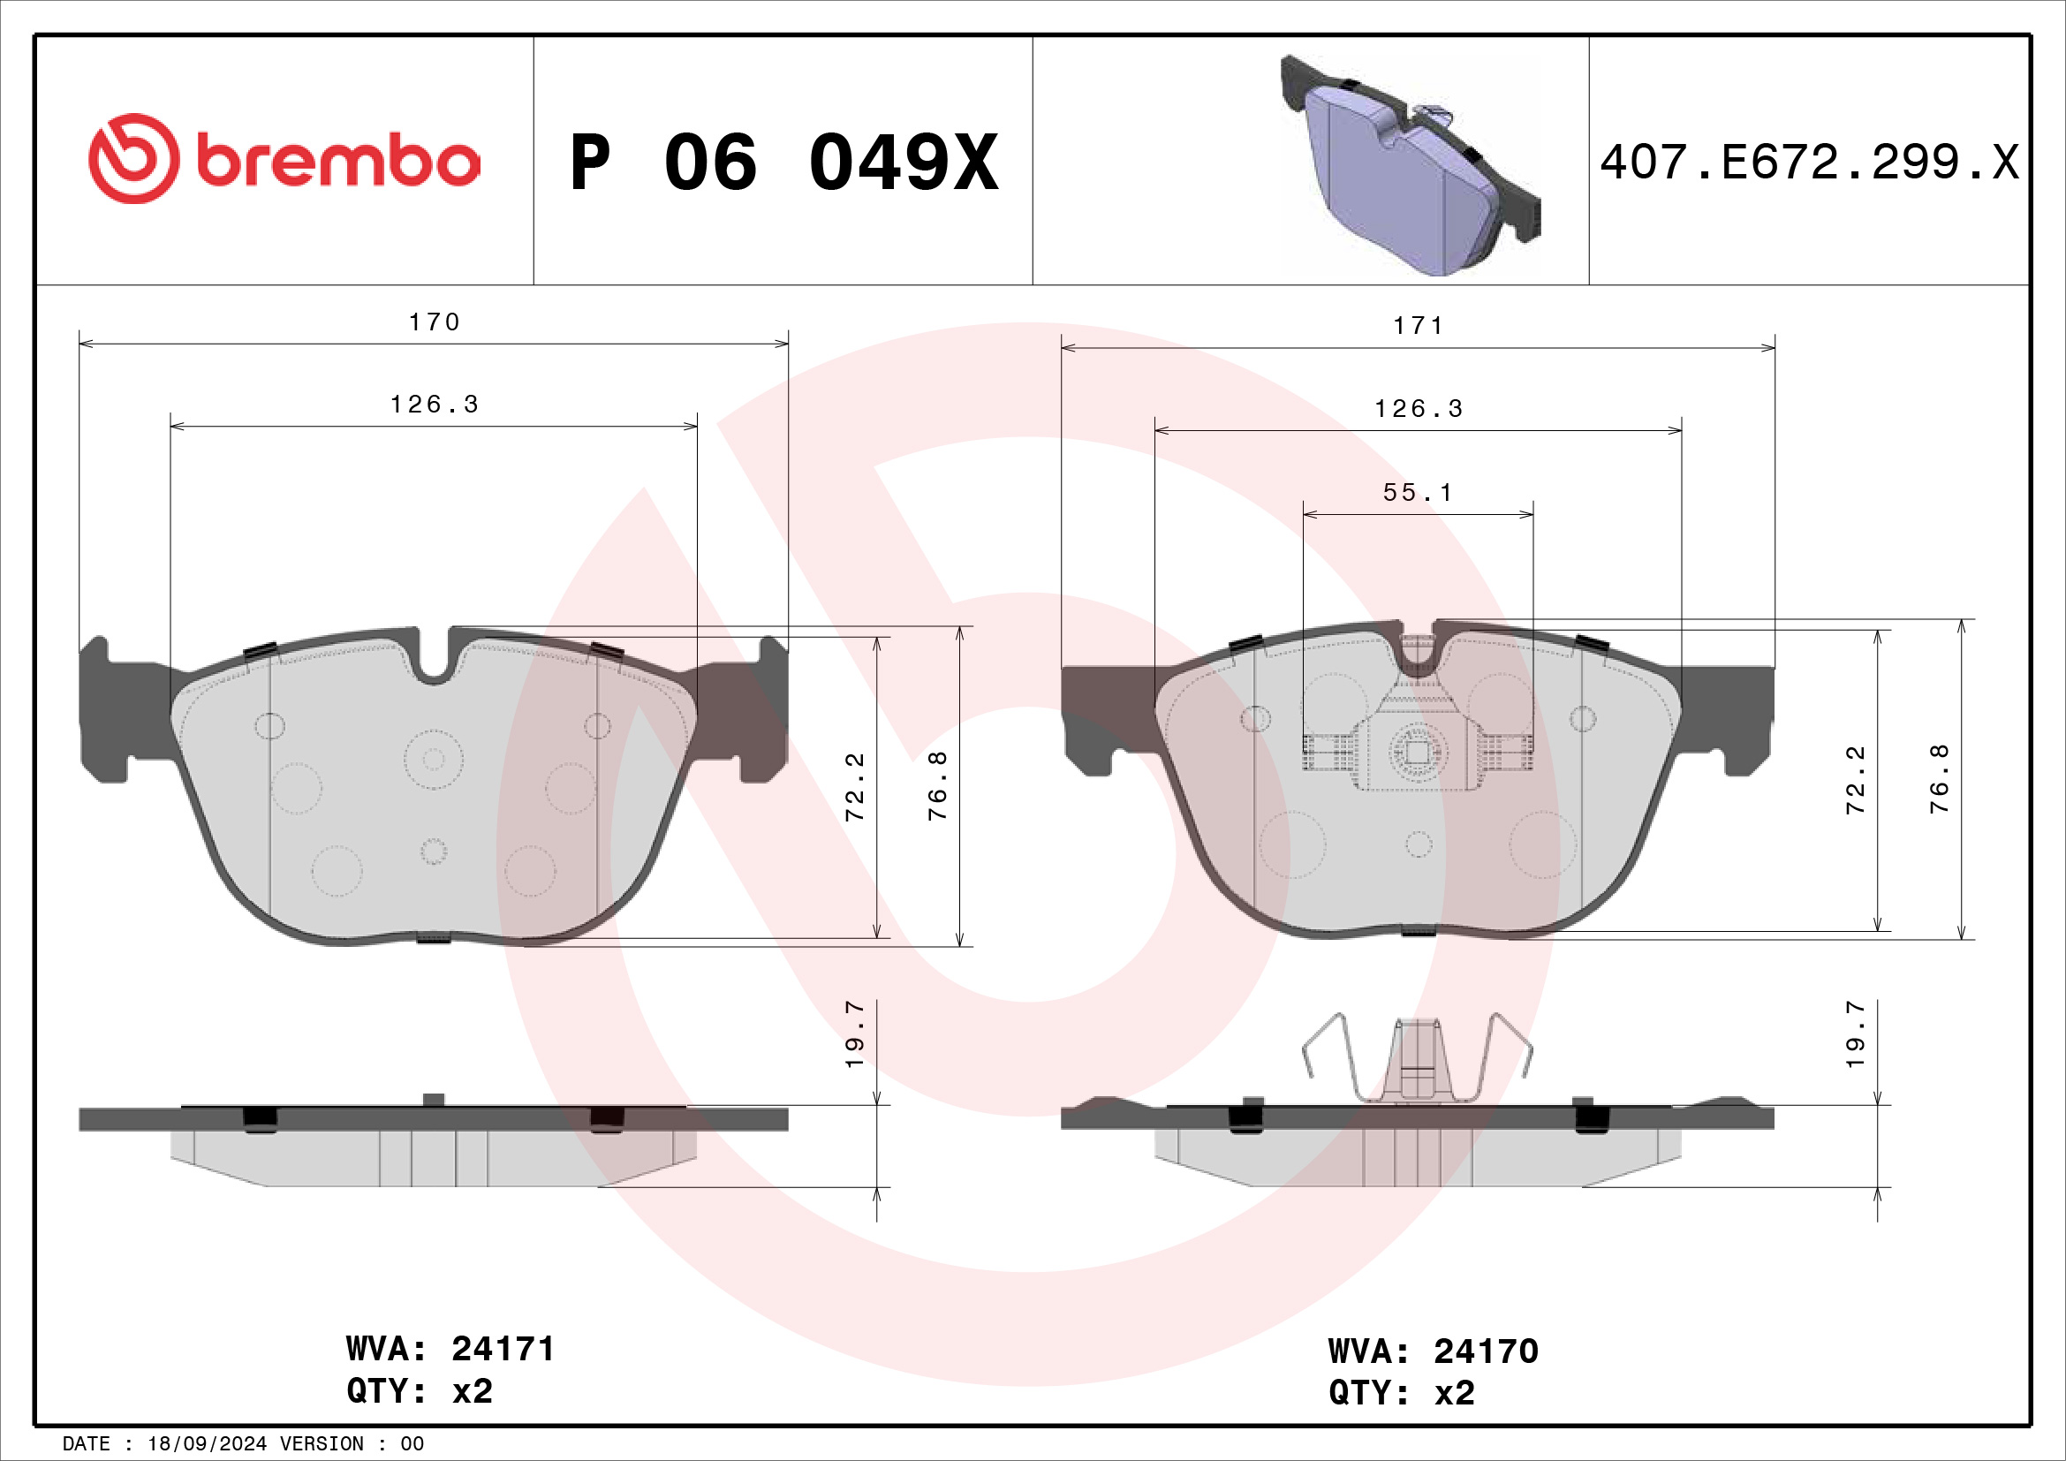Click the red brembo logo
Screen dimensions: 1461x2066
284,159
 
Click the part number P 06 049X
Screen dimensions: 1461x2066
783,163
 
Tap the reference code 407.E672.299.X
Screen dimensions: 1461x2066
1809,163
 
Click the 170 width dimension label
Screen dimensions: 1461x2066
434,322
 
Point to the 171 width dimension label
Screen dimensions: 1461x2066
1419,326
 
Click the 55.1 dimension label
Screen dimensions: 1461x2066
1417,492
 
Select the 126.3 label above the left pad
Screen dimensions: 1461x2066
434,405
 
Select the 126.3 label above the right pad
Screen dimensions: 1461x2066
1419,409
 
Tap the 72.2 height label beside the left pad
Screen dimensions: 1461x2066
855,786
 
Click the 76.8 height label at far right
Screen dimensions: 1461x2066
1939,779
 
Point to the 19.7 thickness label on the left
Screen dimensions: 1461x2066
855,1033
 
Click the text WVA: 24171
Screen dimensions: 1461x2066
450,1349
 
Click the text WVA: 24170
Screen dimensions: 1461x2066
1433,1351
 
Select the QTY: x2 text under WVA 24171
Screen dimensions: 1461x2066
420,1391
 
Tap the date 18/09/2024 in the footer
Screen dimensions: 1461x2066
207,1444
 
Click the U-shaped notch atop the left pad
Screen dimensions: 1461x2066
435,662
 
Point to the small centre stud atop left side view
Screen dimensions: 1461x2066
434,1100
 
